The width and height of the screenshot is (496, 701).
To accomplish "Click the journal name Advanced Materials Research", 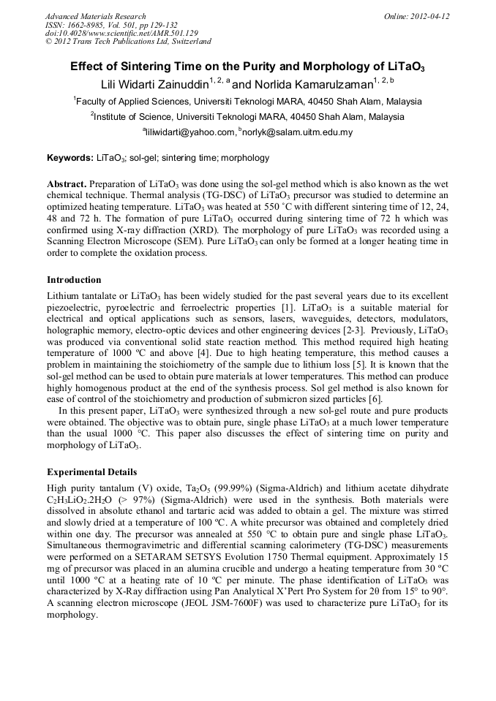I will point(95,16).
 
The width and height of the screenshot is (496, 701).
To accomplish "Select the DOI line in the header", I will point(121,33).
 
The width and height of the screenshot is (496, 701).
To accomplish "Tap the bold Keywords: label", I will point(69,158).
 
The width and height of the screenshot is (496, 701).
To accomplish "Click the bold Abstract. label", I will point(67,184).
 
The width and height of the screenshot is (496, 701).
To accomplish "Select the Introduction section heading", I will point(74,280).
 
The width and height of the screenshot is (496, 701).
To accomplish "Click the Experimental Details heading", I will point(91,471).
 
